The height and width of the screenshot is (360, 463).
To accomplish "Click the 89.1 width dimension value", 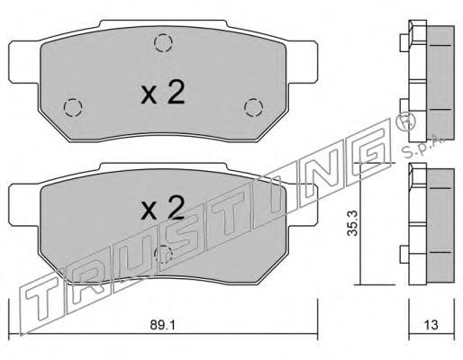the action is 162,325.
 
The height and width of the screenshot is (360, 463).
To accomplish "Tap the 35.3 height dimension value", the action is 352,223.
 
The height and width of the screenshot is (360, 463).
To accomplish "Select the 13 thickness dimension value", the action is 431,325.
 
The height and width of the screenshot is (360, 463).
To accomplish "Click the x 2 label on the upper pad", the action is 162,92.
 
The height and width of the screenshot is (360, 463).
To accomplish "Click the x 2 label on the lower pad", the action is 162,207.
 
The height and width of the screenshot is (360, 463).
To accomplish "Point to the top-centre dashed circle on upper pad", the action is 163,42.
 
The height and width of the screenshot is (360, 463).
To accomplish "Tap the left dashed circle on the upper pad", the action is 73,107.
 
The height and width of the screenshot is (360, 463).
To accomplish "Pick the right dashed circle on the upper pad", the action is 253,107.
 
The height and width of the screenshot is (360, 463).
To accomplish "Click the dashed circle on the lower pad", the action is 163,255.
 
